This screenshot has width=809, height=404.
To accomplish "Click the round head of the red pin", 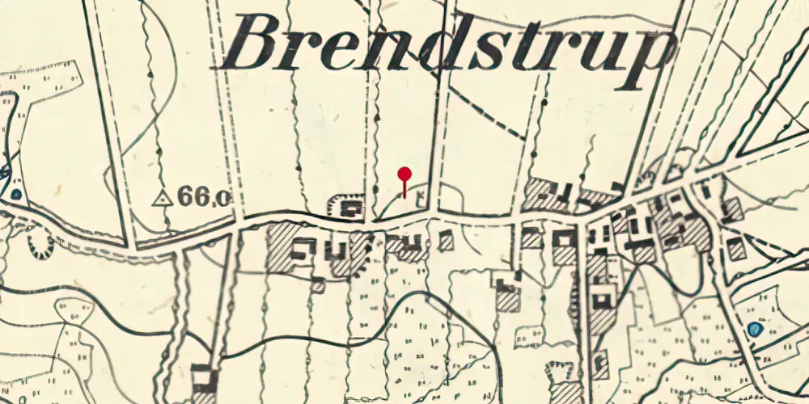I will tap(404, 173).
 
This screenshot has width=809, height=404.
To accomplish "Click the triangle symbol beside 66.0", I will tap(163, 196).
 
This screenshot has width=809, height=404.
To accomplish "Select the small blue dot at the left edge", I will tap(16, 194).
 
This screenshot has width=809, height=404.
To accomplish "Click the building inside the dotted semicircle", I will tap(350, 209).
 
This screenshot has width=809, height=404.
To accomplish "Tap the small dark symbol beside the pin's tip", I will tap(419, 196).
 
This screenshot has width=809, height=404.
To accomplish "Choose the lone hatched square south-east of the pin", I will tap(446, 240).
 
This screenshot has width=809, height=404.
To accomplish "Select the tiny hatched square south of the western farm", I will tap(318, 284).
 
